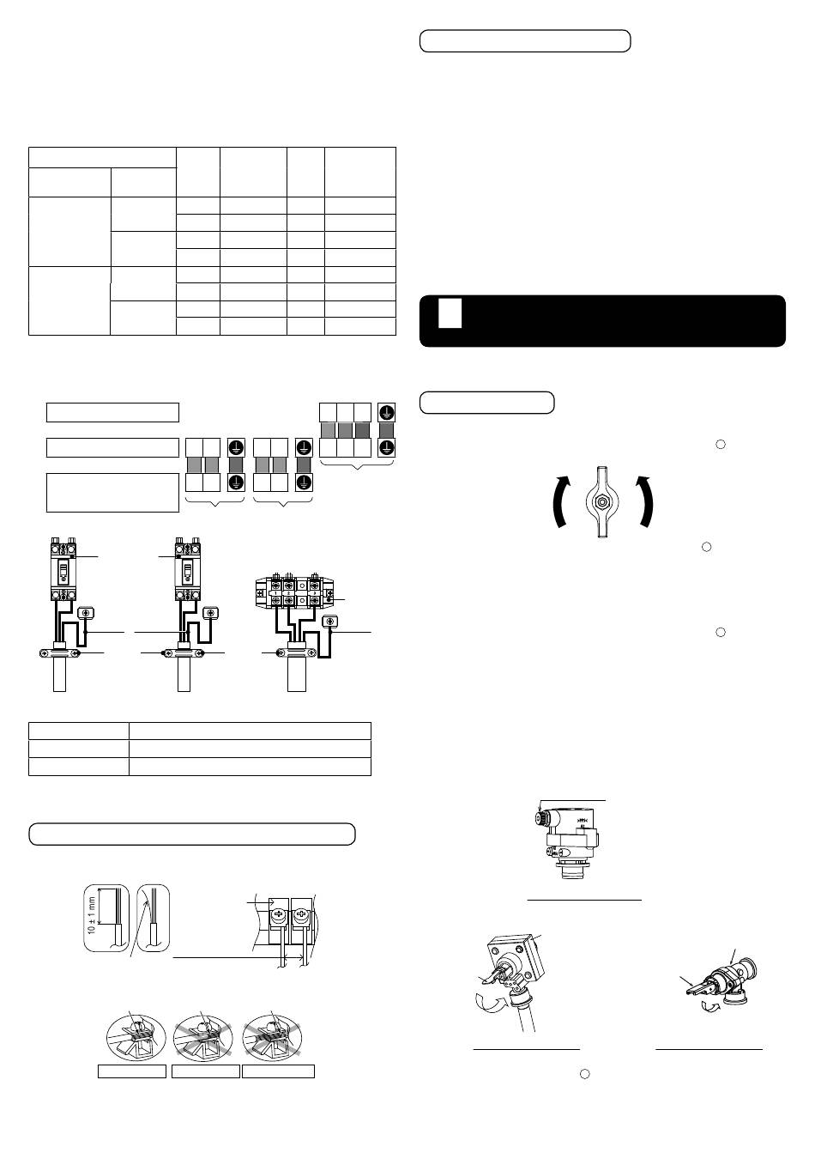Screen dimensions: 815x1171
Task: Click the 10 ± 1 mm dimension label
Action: pyautogui.click(x=92, y=915)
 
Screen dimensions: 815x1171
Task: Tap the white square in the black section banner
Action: pyautogui.click(x=450, y=313)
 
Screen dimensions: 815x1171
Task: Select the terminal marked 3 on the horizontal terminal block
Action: pyautogui.click(x=315, y=593)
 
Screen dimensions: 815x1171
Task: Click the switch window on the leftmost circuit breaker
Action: pyautogui.click(x=63, y=573)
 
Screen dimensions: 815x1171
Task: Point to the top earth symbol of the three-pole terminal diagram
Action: pyautogui.click(x=386, y=412)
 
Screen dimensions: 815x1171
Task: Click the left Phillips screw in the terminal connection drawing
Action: pyautogui.click(x=279, y=916)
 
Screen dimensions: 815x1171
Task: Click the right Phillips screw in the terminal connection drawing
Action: pyautogui.click(x=301, y=916)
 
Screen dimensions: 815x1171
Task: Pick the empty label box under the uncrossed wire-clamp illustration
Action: pyautogui.click(x=132, y=1071)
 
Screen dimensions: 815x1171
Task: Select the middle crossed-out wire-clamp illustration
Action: pyautogui.click(x=205, y=1038)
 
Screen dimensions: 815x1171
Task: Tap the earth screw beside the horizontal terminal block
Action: pyautogui.click(x=330, y=621)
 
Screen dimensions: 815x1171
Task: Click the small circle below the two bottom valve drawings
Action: pyautogui.click(x=585, y=1074)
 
